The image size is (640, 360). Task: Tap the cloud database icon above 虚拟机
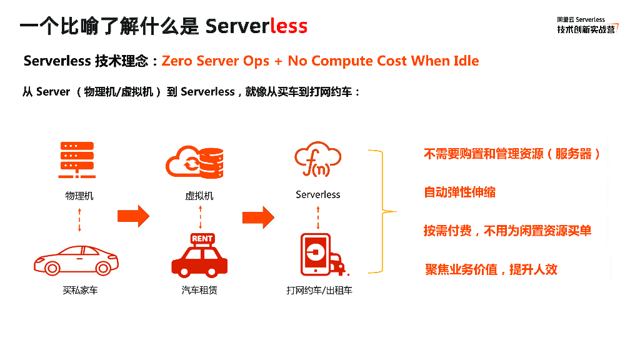(x=196, y=161)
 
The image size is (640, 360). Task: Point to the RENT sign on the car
(x=202, y=239)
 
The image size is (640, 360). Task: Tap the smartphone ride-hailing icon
(x=316, y=254)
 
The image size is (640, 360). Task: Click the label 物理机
(x=79, y=195)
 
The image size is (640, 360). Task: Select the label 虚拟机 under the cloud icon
(x=199, y=195)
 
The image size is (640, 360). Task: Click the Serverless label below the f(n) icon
(x=318, y=194)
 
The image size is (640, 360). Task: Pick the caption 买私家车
(x=80, y=290)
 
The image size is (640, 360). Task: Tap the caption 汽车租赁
(x=199, y=290)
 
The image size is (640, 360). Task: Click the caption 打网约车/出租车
(x=319, y=290)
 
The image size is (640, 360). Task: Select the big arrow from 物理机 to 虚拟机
(x=133, y=216)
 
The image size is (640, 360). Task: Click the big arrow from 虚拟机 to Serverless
(x=258, y=217)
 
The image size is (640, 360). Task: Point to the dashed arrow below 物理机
(x=79, y=219)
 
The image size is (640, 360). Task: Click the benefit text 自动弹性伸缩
(x=460, y=192)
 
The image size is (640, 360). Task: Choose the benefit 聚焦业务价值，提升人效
(x=491, y=269)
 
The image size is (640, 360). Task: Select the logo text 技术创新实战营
(x=586, y=29)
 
